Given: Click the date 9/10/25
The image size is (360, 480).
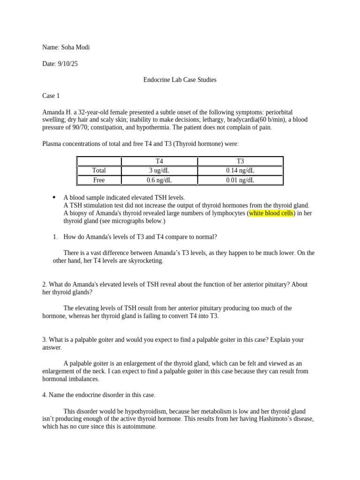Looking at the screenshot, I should [67, 64].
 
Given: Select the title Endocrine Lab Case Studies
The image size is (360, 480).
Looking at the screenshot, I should [180, 80].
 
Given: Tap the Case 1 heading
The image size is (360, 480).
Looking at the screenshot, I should [51, 96].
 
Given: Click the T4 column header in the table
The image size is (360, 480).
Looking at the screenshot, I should [159, 161].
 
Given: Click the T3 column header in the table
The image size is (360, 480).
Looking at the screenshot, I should [240, 161].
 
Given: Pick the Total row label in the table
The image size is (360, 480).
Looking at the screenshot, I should [99, 171].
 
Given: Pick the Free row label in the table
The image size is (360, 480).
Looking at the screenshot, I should [99, 180].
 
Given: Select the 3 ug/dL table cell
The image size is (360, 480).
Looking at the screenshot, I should [159, 171].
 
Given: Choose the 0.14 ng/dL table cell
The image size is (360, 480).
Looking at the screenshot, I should [240, 171].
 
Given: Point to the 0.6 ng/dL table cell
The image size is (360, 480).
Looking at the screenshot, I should [159, 180].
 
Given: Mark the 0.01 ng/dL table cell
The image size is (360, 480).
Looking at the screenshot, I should [240, 180].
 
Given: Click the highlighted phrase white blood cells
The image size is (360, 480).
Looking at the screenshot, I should [271, 213].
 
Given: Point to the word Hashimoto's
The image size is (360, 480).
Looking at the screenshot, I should [272, 419].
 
